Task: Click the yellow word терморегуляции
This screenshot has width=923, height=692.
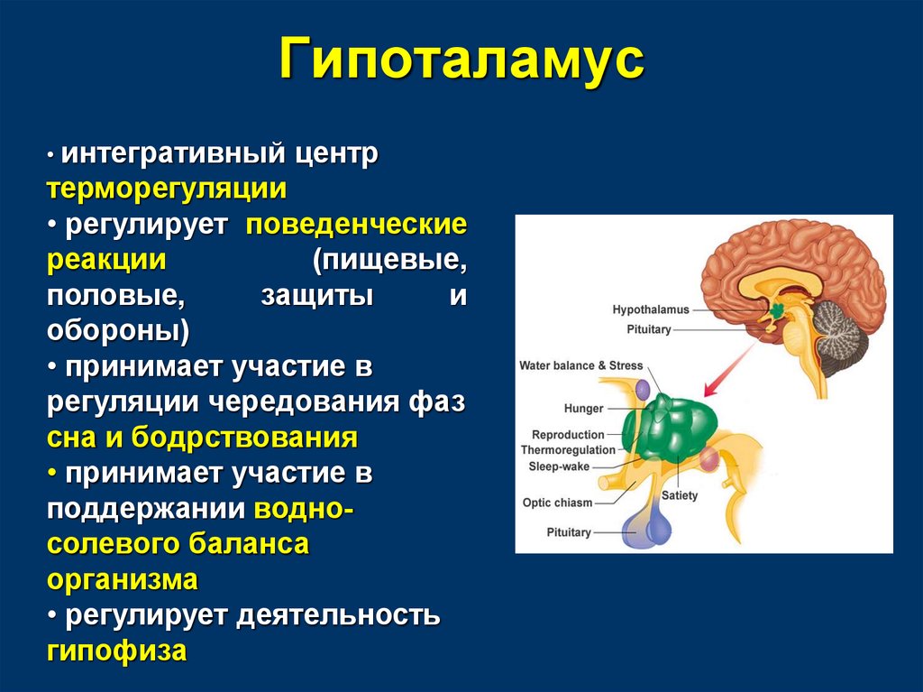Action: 167,189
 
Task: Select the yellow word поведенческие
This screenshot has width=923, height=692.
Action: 356,225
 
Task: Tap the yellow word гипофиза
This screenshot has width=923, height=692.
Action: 116,650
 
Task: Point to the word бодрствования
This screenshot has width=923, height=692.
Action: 244,438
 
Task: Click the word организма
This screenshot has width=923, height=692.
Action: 123,580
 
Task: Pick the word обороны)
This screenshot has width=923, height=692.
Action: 118,331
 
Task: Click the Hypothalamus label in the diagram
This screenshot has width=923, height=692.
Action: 651,309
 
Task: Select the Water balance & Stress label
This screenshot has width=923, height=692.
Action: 581,365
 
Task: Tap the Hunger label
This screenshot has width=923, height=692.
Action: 583,409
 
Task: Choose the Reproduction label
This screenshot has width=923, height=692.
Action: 568,435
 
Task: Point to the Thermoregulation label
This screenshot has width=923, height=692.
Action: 568,450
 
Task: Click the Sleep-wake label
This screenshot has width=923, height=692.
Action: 559,466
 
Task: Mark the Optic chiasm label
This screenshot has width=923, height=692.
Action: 557,503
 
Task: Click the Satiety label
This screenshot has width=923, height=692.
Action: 680,495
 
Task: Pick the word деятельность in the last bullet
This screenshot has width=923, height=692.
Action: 338,615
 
